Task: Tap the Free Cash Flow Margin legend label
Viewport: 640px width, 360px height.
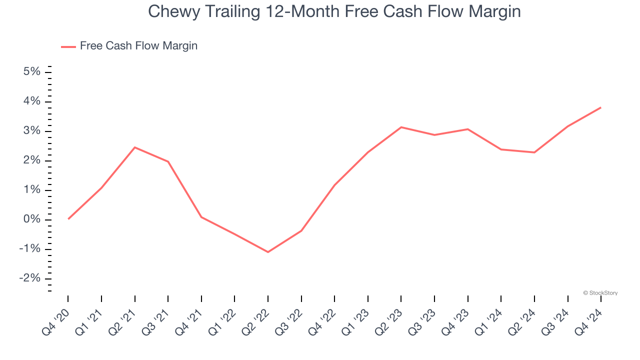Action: pyautogui.click(x=138, y=46)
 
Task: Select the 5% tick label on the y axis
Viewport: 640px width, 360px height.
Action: pyautogui.click(x=31, y=72)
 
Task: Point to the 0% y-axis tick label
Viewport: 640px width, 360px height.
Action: pyautogui.click(x=31, y=219)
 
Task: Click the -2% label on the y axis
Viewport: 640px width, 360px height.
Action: pyautogui.click(x=29, y=278)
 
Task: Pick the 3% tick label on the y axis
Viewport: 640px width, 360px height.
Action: pyautogui.click(x=31, y=131)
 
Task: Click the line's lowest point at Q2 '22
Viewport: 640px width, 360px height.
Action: pyautogui.click(x=268, y=252)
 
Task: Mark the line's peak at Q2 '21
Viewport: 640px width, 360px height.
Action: pyautogui.click(x=134, y=147)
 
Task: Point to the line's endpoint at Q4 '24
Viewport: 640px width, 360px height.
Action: pyautogui.click(x=600, y=107)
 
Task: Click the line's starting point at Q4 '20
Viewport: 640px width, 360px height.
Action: pyautogui.click(x=68, y=219)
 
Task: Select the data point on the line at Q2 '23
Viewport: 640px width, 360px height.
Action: pyautogui.click(x=401, y=127)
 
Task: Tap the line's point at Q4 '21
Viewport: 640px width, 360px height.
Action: pyautogui.click(x=201, y=217)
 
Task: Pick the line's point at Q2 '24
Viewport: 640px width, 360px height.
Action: pyautogui.click(x=534, y=152)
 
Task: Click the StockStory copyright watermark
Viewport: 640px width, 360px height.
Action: pyautogui.click(x=600, y=293)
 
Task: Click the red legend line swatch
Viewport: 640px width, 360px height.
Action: pyautogui.click(x=68, y=46)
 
